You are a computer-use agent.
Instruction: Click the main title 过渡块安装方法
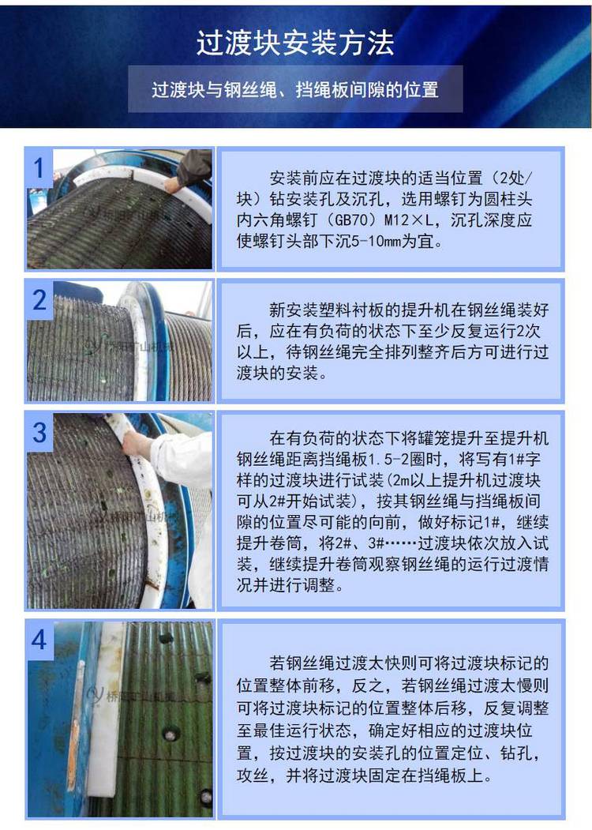pos(295,43)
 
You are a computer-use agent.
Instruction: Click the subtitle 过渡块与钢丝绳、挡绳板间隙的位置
pos(295,89)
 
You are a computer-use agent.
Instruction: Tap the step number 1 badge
pos(39,168)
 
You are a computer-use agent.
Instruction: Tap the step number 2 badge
pos(39,300)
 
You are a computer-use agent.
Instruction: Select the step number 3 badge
pos(39,432)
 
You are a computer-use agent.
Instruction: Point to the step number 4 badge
pos(39,640)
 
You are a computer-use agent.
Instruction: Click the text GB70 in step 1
pos(351,220)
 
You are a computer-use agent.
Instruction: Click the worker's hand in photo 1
pos(172,184)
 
